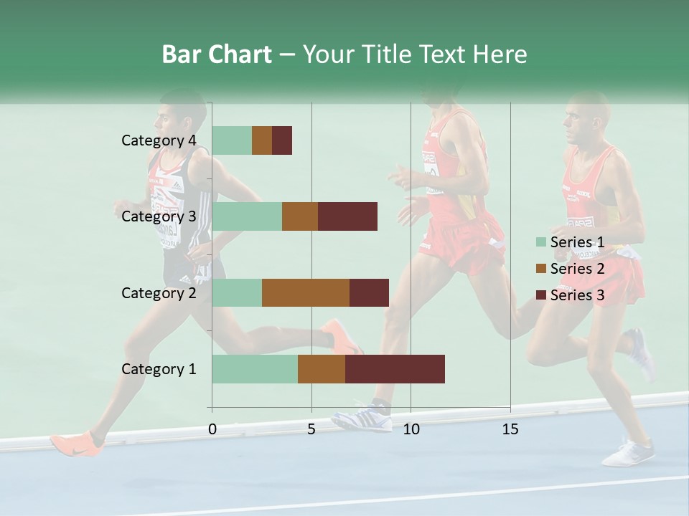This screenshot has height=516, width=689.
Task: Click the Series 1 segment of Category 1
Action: point(255,369)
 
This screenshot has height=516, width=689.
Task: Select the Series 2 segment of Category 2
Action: point(306,292)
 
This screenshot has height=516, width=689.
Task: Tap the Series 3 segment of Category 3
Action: point(347,216)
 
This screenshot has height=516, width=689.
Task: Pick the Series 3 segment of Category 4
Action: point(282,140)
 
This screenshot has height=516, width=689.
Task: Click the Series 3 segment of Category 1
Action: point(395,369)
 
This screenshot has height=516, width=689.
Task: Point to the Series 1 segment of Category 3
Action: point(247,216)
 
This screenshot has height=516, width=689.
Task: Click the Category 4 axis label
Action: point(159,140)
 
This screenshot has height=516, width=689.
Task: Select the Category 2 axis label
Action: point(159,293)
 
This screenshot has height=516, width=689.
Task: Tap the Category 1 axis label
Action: point(159,369)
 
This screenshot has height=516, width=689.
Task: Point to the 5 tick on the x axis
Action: point(311,429)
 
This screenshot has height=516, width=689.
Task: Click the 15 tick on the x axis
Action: point(510,429)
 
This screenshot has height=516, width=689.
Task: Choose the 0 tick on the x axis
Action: point(212,429)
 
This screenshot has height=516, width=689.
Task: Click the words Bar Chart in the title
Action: point(217,54)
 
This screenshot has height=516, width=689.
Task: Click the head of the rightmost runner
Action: point(587,118)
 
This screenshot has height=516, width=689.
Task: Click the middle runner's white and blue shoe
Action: point(363,417)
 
